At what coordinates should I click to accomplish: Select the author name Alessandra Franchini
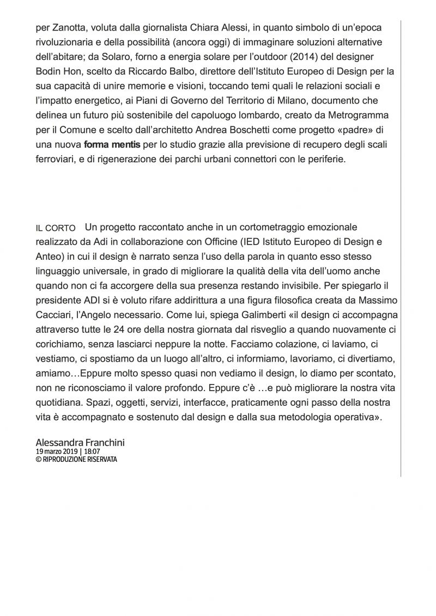coord(80,443)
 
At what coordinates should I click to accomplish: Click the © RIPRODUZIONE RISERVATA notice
coord(76,460)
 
